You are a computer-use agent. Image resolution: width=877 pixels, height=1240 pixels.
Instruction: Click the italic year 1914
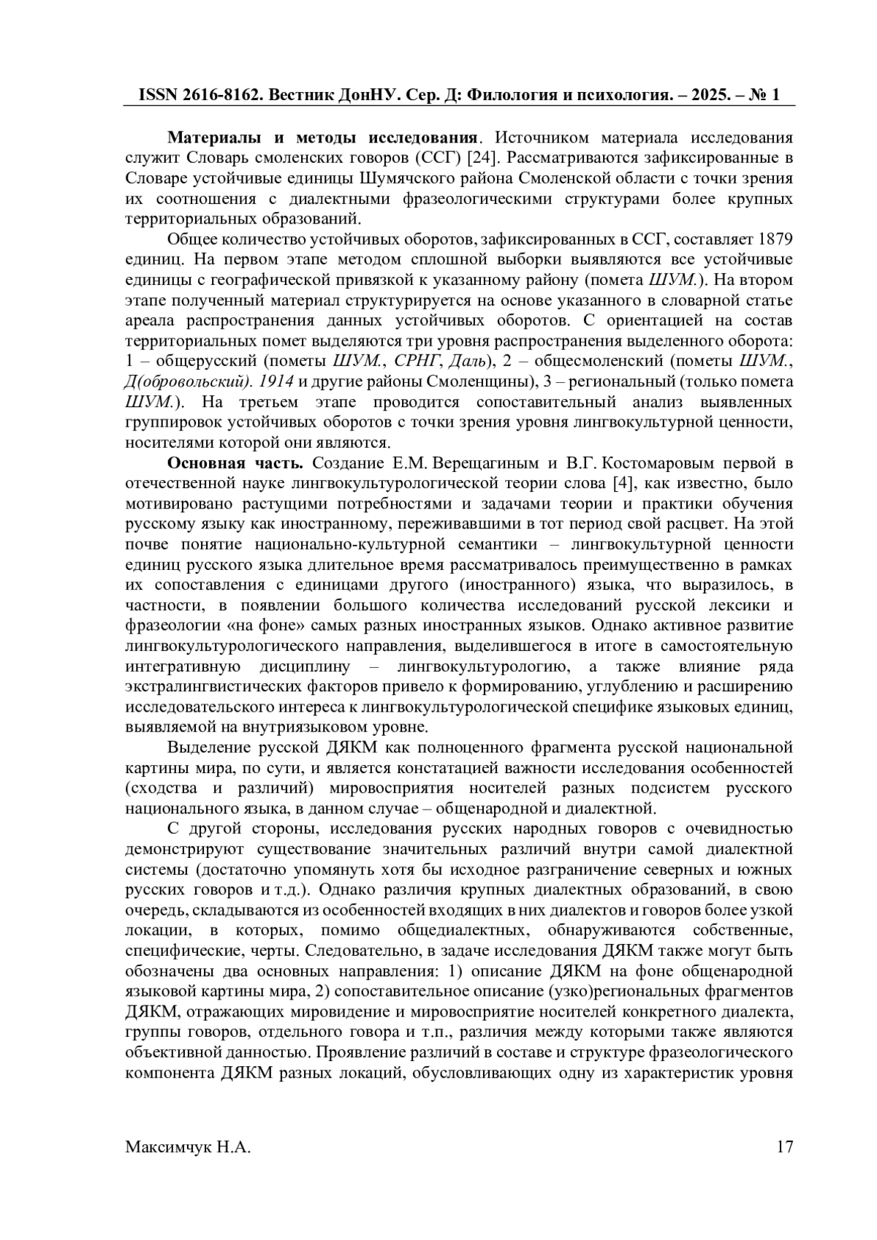tap(277, 381)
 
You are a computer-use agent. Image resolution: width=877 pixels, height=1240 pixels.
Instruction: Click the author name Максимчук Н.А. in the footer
tap(188, 1147)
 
